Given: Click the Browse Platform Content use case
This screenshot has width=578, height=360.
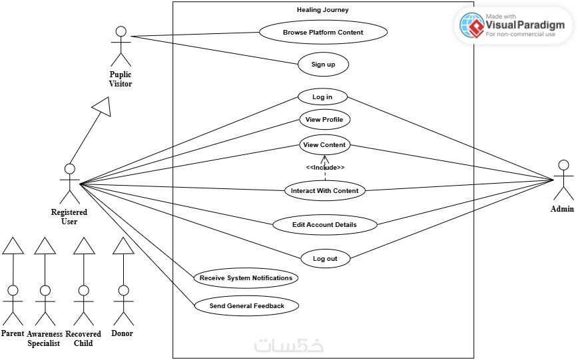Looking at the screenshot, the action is (x=323, y=32).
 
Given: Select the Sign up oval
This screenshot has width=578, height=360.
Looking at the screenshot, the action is (x=323, y=64).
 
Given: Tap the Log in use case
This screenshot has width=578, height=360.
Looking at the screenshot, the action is (x=322, y=97).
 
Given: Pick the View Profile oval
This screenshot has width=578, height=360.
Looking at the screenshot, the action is (x=324, y=119).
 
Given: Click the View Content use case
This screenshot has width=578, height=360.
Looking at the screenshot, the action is (x=324, y=145).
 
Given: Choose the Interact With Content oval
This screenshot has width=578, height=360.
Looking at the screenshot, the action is (x=325, y=190).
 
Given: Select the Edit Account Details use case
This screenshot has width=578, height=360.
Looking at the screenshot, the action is (x=325, y=224).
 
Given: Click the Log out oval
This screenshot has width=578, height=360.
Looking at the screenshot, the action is (x=325, y=258).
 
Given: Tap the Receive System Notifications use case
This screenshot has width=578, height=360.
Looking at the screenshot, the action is (x=246, y=278).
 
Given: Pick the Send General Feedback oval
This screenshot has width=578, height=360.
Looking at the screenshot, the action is (x=246, y=306).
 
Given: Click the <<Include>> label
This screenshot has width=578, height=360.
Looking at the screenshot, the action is (x=325, y=167).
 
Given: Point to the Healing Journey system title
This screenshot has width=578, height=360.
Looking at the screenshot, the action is (x=323, y=10).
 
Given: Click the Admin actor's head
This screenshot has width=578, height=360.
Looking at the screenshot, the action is (x=563, y=165).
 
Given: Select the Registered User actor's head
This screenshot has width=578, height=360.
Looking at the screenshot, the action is (x=70, y=169).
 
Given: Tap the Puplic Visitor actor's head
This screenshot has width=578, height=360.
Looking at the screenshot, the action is (x=121, y=31).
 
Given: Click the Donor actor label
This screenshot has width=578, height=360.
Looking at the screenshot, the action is (x=122, y=333).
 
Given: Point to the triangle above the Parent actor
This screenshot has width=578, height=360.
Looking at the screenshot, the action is (x=13, y=246).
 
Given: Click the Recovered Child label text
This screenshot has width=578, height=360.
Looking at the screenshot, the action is (x=83, y=338).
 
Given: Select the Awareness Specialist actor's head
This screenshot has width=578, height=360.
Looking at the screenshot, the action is (x=45, y=291).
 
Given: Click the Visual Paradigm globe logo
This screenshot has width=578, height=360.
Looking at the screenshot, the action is (x=472, y=25).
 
